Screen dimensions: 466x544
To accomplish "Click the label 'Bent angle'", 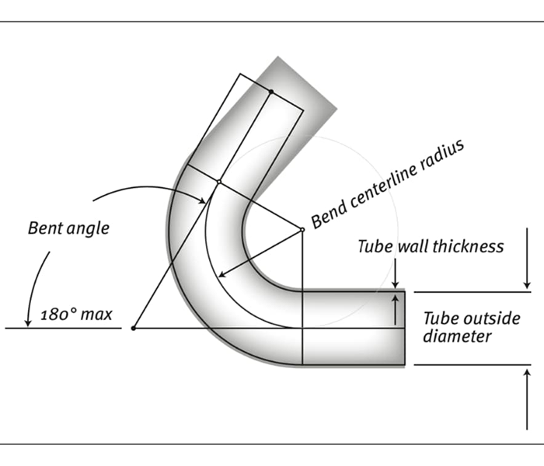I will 68,228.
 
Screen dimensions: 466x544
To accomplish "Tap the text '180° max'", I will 75,315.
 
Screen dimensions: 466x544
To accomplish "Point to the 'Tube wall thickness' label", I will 431,247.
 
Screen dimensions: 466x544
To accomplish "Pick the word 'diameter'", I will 457,336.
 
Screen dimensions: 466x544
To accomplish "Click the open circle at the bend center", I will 302,229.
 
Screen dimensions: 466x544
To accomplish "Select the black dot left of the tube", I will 134,329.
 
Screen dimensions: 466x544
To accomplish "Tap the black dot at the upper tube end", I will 270,92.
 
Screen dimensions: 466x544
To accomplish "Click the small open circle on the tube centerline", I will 219,182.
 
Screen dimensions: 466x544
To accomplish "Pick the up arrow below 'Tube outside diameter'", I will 528,396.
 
